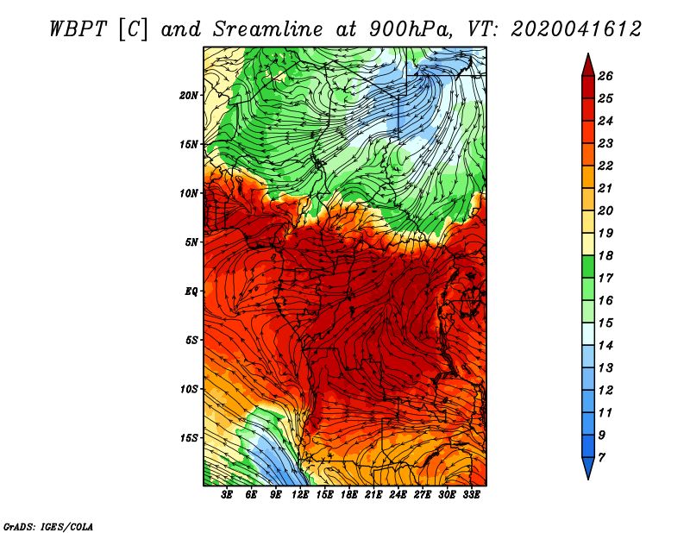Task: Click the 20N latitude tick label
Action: tap(189, 95)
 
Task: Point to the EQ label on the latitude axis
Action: tap(191, 292)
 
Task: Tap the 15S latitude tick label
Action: tap(189, 438)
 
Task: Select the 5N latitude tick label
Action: tap(191, 242)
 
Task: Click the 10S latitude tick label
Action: tap(189, 389)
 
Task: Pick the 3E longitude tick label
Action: tap(227, 495)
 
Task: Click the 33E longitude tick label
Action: tap(471, 495)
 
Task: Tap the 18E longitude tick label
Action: tap(349, 495)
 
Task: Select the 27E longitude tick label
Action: tap(423, 495)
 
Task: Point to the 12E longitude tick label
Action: tap(300, 495)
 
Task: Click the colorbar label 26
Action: tap(605, 76)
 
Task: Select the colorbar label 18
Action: tap(605, 255)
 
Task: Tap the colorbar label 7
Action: tap(601, 458)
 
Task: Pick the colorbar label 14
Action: tap(605, 346)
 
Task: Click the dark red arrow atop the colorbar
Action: tap(588, 66)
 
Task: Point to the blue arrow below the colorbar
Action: tap(588, 468)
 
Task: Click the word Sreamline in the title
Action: tap(268, 29)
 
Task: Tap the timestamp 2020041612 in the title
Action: tap(576, 29)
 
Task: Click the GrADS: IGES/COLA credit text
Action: tap(48, 527)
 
